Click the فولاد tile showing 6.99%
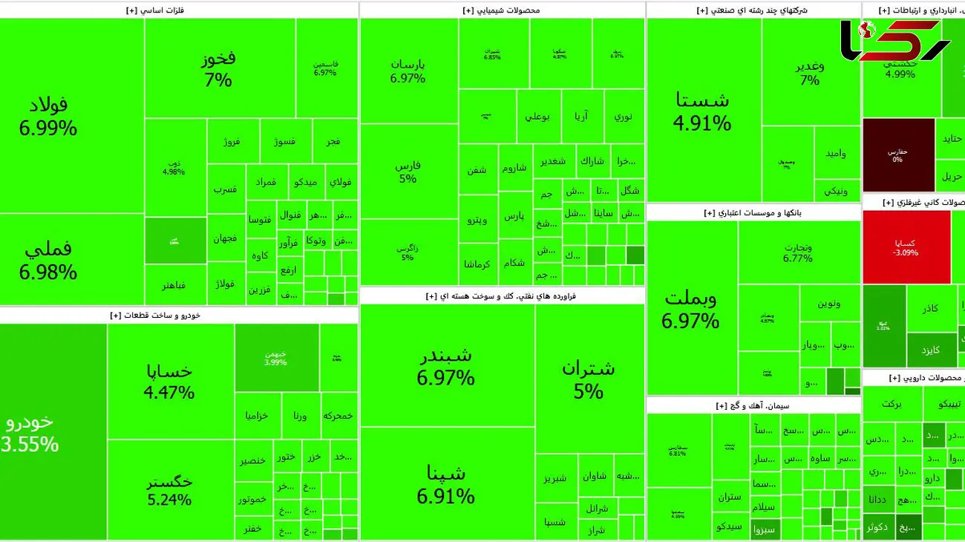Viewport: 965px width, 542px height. tap(49, 117)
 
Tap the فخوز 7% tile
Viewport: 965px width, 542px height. tap(219, 69)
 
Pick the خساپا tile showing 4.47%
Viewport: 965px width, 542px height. tap(170, 381)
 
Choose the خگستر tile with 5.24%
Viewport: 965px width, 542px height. tap(170, 490)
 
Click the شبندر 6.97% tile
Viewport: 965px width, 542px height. tap(445, 366)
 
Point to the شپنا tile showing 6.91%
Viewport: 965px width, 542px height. tap(445, 484)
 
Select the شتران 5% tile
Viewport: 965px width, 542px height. tap(589, 379)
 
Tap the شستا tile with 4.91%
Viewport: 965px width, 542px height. tap(702, 111)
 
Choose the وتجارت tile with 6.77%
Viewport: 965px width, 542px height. tap(798, 252)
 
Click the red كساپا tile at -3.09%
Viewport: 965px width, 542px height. tap(906, 247)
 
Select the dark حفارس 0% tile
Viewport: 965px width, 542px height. tap(898, 155)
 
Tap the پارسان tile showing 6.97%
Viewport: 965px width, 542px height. tap(408, 71)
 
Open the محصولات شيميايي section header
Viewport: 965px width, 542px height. tap(502, 10)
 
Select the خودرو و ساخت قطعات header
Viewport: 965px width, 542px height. tap(155, 316)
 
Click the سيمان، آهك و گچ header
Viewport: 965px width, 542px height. tap(753, 405)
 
